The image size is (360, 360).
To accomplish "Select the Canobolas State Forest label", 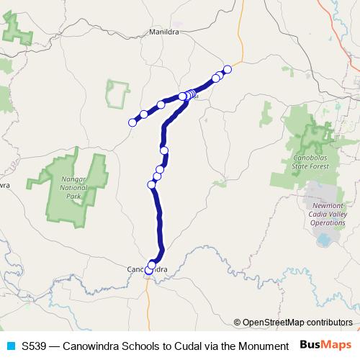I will click(311, 161).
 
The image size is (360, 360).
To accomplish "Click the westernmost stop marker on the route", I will click(132, 122).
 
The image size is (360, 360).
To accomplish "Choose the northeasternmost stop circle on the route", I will click(228, 69).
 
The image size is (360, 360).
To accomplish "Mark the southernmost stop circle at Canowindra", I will click(149, 271).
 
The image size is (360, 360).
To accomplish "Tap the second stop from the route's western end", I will click(144, 114).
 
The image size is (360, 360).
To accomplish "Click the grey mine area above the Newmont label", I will click(317, 193).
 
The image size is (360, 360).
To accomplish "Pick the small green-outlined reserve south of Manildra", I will click(117, 94).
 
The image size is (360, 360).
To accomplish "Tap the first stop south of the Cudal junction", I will click(165, 150).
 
